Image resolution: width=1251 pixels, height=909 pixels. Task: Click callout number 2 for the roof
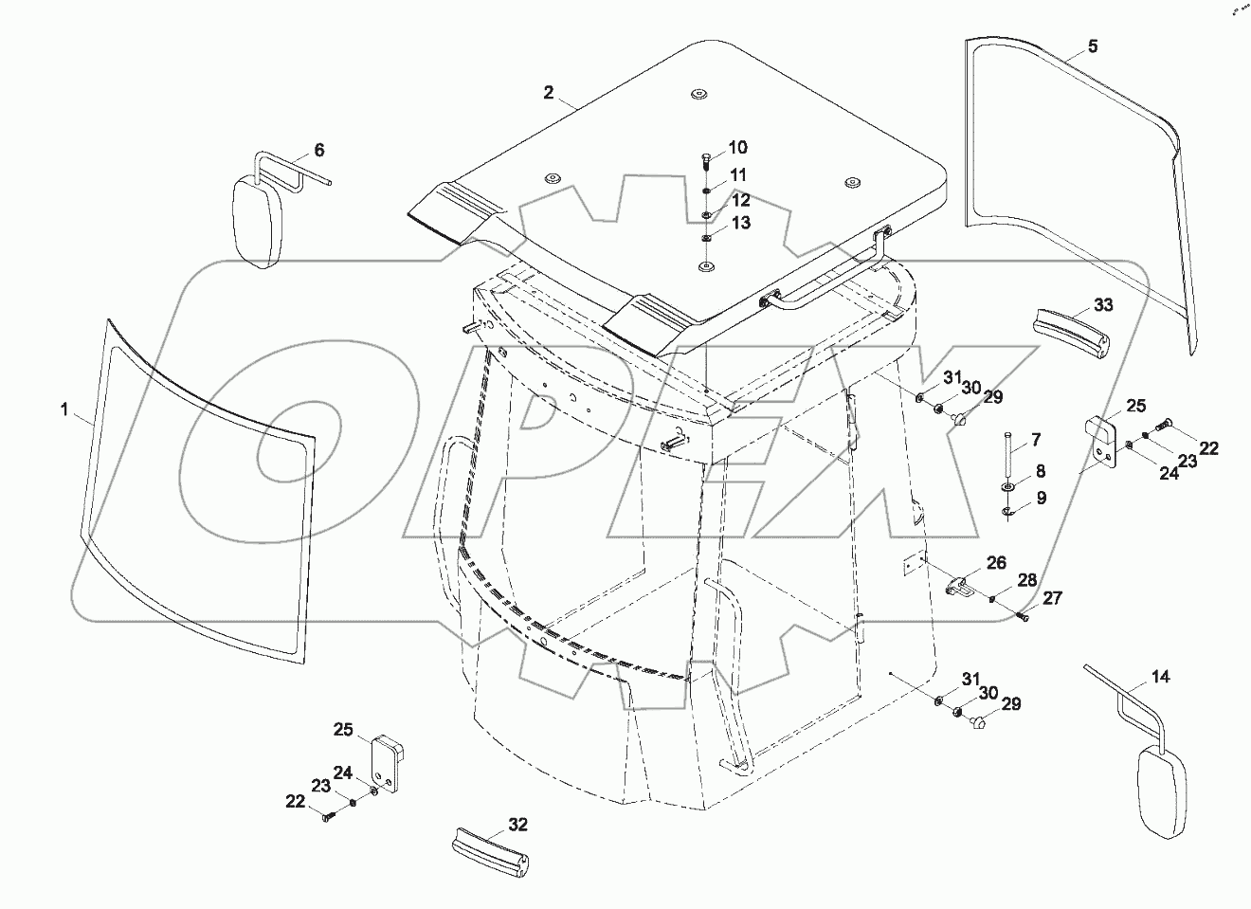click(x=548, y=92)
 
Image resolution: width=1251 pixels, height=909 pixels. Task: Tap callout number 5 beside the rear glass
click(x=1093, y=45)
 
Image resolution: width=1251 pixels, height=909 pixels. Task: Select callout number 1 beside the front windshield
click(x=64, y=409)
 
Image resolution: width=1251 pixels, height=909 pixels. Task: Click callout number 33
click(x=1103, y=305)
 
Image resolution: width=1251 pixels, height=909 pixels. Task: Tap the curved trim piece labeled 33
click(x=1070, y=334)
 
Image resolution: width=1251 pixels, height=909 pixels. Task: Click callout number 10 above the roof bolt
click(x=737, y=147)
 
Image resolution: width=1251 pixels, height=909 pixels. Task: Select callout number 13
click(x=740, y=223)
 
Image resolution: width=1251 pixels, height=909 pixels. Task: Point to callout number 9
click(x=1041, y=497)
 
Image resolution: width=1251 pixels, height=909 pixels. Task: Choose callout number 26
click(x=996, y=563)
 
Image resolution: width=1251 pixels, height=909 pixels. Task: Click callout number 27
click(x=1053, y=598)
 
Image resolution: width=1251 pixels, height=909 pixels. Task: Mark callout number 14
click(x=1161, y=677)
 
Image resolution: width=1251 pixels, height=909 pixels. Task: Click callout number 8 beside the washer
click(x=1040, y=470)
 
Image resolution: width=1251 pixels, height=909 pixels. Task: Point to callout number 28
click(x=1027, y=579)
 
